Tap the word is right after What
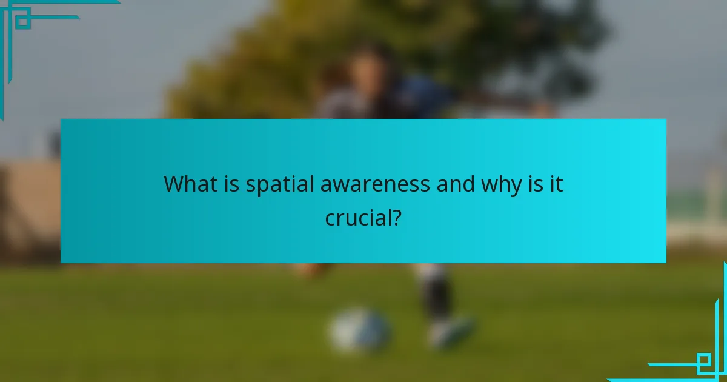click(x=231, y=183)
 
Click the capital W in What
click(x=174, y=183)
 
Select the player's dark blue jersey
click(x=418, y=100)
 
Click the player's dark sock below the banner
click(x=436, y=294)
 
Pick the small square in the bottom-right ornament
click(x=705, y=363)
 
